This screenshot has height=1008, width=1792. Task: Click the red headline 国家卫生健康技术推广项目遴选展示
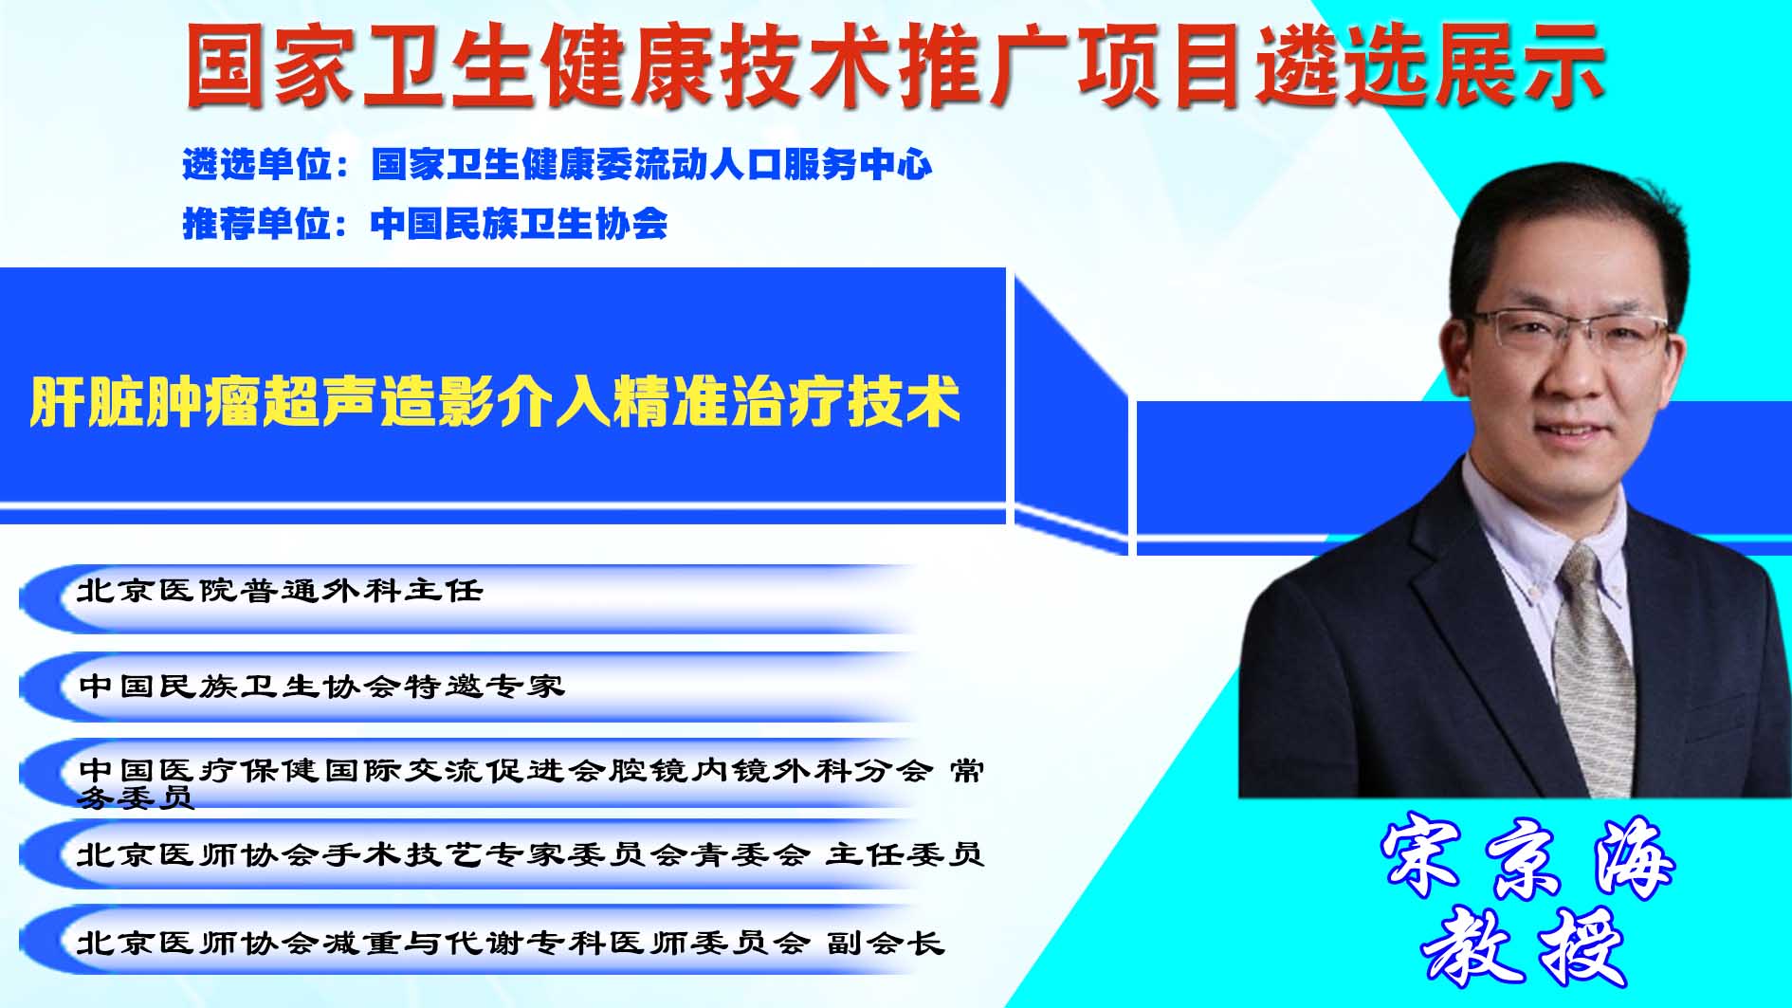tap(894, 64)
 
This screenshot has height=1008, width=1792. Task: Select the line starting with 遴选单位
tap(558, 165)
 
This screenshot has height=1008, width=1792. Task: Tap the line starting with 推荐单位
tap(425, 224)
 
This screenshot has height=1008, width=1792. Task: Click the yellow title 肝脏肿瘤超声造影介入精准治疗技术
tap(495, 403)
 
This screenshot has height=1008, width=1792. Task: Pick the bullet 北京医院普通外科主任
tap(280, 591)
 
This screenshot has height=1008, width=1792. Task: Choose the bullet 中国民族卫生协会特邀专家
tap(321, 686)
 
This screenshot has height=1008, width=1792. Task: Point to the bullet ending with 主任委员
tap(531, 854)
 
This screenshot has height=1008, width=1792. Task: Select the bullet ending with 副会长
tap(511, 943)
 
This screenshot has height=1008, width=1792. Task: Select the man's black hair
tap(1564, 228)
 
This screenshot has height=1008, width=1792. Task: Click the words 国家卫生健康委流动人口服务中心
tap(651, 165)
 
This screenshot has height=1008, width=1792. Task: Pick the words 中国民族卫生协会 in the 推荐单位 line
tap(519, 224)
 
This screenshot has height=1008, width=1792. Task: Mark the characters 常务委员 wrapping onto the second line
tap(531, 783)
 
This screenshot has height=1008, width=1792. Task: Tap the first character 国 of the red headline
tap(224, 64)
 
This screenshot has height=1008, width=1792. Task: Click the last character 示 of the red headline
tap(1563, 64)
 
